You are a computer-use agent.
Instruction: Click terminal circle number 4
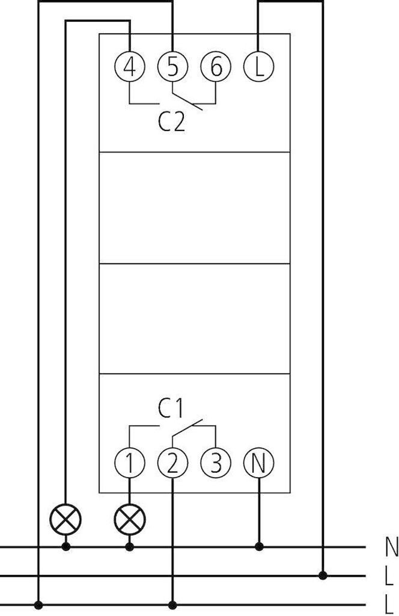pos(129,67)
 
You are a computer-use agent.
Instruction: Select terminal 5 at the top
pos(172,67)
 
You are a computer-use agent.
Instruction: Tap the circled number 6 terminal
pos(216,67)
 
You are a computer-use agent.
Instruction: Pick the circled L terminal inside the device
pos(258,67)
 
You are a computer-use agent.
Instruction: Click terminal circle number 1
pos(129,463)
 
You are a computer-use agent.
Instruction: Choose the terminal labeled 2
pos(172,463)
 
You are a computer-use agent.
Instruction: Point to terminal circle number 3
pos(216,463)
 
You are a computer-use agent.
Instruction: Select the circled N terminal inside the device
pos(258,463)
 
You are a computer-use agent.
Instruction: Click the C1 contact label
pos(171,408)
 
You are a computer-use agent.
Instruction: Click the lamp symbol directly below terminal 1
pos(129,519)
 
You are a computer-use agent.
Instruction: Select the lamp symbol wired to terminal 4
pos(65,519)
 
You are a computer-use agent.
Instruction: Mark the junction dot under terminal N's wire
pos(258,546)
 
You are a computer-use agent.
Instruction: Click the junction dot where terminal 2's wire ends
pos(172,605)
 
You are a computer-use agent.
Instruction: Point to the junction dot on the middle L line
pos(323,576)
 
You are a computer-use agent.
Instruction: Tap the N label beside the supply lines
pos(391,547)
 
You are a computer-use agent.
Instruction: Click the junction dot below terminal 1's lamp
pos(129,546)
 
